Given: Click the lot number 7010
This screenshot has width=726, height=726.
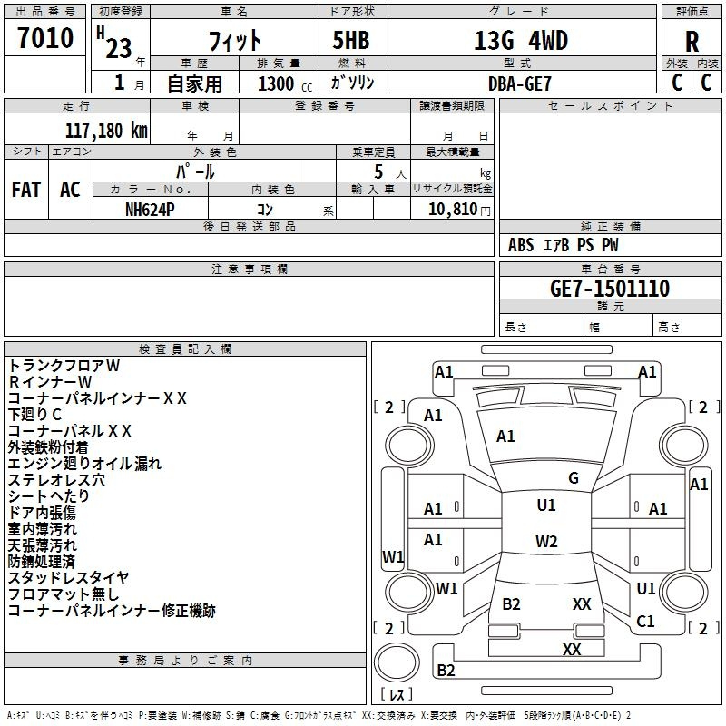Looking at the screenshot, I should [45, 38].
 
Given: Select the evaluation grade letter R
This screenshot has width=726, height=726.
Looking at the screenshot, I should [692, 43].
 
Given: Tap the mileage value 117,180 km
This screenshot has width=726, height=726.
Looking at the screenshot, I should [106, 130].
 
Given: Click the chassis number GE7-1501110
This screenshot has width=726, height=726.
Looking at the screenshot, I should [610, 289].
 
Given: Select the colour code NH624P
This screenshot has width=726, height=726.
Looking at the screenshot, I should [152, 208].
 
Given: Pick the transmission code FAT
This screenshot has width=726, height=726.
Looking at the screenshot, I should [26, 189].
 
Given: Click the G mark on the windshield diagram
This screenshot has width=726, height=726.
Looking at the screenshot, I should [574, 478].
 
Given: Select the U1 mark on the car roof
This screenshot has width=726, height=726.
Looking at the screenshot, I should [545, 505].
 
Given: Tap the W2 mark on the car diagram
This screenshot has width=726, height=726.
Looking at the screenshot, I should [546, 542].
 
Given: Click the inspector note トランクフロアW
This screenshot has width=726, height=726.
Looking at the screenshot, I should [64, 365].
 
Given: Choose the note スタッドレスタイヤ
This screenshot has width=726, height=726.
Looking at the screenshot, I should [68, 577].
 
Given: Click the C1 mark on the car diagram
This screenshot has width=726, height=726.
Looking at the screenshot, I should [645, 621].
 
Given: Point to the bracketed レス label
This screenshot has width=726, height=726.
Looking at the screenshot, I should [397, 695].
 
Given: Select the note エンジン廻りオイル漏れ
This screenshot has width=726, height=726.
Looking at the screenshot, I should [84, 463].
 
